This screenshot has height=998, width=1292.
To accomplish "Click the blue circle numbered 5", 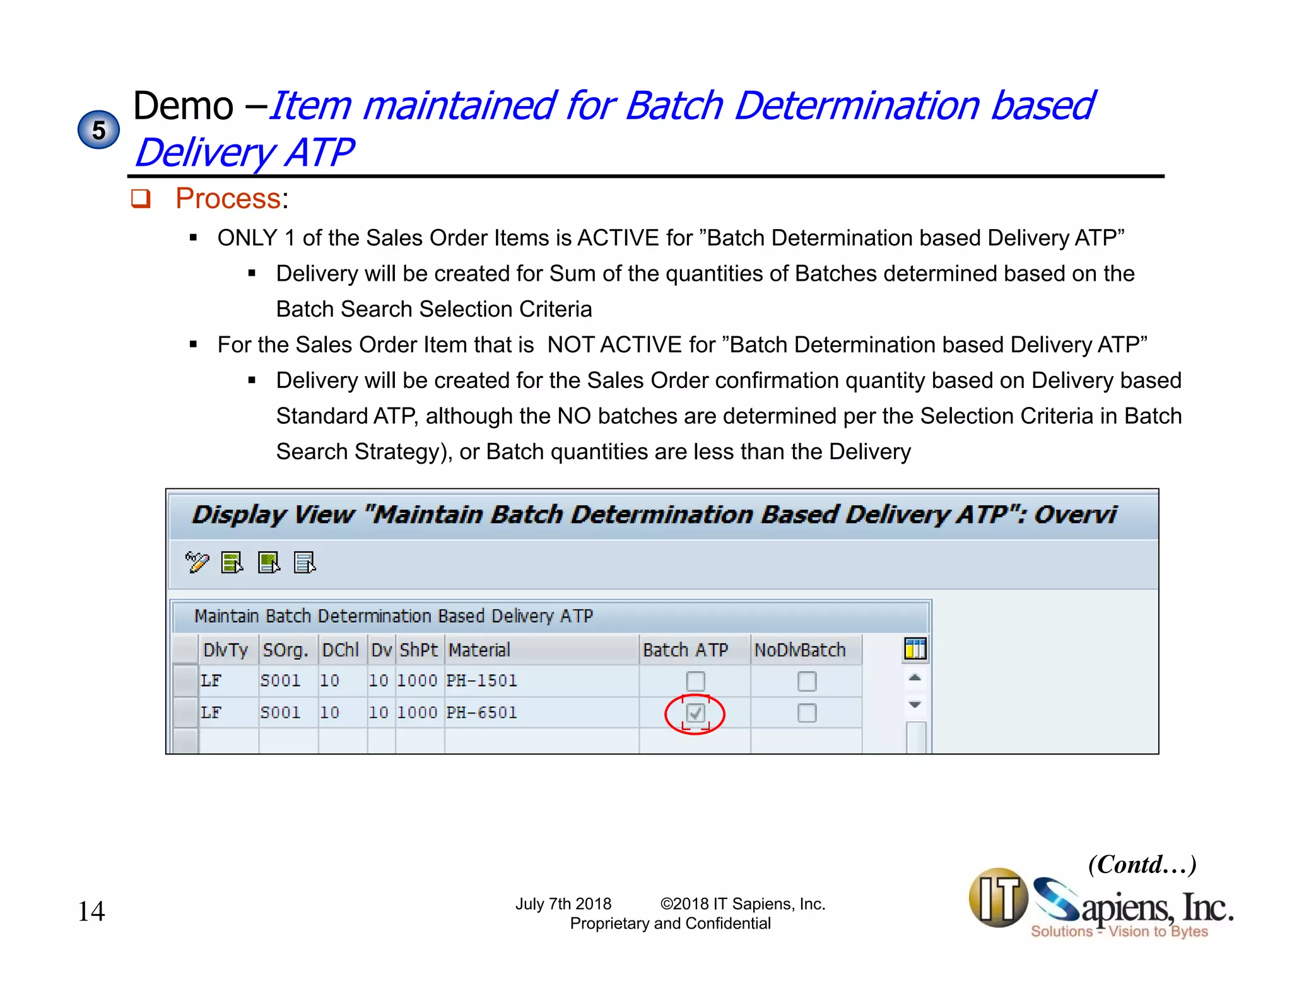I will pyautogui.click(x=98, y=130).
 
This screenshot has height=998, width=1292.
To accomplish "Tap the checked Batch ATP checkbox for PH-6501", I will pyautogui.click(x=695, y=713).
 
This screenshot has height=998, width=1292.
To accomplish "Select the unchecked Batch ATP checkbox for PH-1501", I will pyautogui.click(x=695, y=681).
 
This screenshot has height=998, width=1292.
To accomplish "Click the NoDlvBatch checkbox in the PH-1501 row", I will pyautogui.click(x=807, y=681).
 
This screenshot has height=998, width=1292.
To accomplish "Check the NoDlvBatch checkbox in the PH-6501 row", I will pyautogui.click(x=807, y=713).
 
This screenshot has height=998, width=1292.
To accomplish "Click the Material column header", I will pyautogui.click(x=479, y=650).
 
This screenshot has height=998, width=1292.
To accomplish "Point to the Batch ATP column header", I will pyautogui.click(x=686, y=650).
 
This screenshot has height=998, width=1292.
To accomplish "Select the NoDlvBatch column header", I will pyautogui.click(x=800, y=650).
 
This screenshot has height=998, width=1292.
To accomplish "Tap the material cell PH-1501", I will pyautogui.click(x=481, y=681).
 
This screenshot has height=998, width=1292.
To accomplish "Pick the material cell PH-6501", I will pyautogui.click(x=481, y=713).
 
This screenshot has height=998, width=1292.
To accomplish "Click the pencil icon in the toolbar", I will pyautogui.click(x=197, y=561).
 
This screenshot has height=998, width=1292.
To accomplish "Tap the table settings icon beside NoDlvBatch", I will pyautogui.click(x=915, y=649).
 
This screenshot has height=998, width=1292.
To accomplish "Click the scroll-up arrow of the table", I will pyautogui.click(x=915, y=678).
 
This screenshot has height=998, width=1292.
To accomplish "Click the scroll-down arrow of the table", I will pyautogui.click(x=915, y=704).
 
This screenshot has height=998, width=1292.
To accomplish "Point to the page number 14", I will pyautogui.click(x=91, y=912).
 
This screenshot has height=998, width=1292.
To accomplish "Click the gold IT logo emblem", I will pyautogui.click(x=999, y=898).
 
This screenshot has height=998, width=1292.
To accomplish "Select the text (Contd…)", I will pyautogui.click(x=1142, y=864).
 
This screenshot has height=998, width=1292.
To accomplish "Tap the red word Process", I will pyautogui.click(x=228, y=199).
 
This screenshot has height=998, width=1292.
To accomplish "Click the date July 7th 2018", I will pyautogui.click(x=563, y=904).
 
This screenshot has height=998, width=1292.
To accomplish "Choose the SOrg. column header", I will pyautogui.click(x=285, y=650).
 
